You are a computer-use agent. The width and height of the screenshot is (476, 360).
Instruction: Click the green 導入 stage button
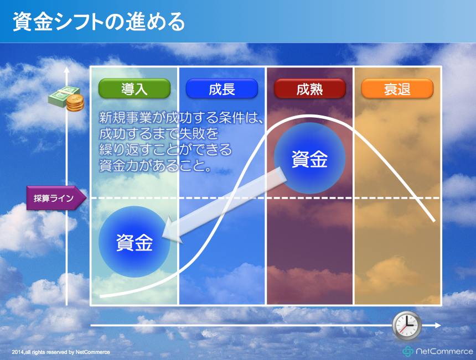(134, 88)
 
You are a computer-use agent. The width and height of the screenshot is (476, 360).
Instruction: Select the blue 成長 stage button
(222, 88)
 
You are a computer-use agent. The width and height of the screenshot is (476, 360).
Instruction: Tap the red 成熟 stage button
(309, 88)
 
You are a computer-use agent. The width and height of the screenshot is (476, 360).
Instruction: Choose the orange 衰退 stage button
(397, 88)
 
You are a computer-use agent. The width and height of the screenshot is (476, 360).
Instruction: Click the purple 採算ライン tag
(56, 198)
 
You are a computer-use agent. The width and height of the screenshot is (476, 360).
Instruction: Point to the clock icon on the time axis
(407, 326)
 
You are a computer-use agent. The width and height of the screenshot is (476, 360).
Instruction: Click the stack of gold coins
(75, 102)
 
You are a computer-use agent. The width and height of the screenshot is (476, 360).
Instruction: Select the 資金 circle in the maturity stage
(309, 158)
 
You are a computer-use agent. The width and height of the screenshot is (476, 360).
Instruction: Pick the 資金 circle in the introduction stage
(134, 242)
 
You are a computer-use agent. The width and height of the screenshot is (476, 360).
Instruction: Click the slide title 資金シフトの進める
(99, 22)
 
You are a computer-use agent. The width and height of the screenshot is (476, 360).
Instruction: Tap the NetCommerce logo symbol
(408, 351)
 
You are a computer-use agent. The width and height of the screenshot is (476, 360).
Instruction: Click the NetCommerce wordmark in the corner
(444, 352)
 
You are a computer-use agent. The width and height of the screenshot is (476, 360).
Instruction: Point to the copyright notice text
(61, 352)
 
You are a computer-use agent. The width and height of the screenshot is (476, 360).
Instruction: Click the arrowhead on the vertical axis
(67, 70)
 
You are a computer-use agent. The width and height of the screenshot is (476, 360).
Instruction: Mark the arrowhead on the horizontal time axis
(437, 325)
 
